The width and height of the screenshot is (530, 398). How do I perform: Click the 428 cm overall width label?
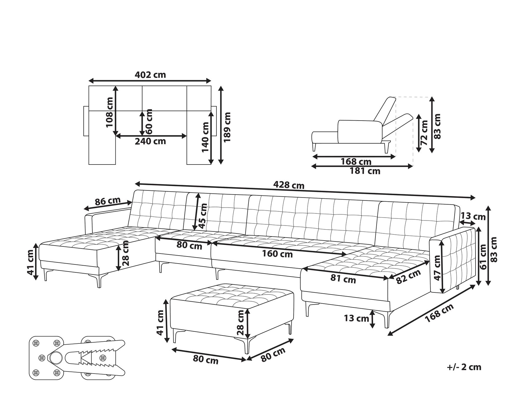(289, 185)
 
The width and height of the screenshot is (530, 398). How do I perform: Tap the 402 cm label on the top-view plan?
(150, 75)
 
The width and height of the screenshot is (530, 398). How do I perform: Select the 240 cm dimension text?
(150, 141)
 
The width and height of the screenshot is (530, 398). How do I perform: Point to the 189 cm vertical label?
(227, 127)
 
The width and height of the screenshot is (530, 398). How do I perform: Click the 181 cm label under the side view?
(365, 171)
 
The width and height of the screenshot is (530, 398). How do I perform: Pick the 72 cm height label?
(424, 133)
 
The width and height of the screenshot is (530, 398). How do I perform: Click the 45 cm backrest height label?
(203, 216)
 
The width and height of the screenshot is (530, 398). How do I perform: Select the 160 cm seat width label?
(277, 254)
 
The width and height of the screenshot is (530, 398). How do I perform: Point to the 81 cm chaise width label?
(343, 279)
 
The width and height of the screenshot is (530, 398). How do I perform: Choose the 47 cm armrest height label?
(437, 268)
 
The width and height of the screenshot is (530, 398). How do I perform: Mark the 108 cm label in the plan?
(110, 112)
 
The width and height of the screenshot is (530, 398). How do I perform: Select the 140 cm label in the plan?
(205, 137)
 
